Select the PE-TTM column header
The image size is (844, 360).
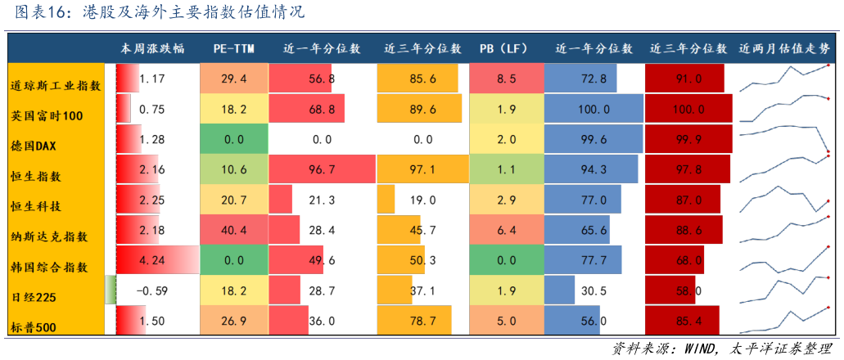click(233, 48)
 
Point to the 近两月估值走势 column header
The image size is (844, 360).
click(784, 48)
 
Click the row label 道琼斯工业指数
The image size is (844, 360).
click(56, 85)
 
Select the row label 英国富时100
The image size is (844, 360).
click(47, 115)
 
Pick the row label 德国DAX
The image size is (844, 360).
click(34, 146)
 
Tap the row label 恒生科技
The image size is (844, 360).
click(34, 206)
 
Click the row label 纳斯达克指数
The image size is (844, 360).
click(50, 236)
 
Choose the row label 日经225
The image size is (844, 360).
click(33, 297)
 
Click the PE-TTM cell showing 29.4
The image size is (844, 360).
click(234, 79)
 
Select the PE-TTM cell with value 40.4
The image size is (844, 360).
click(234, 230)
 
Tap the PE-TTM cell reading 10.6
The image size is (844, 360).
click(234, 169)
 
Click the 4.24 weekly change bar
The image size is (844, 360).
click(157, 260)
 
